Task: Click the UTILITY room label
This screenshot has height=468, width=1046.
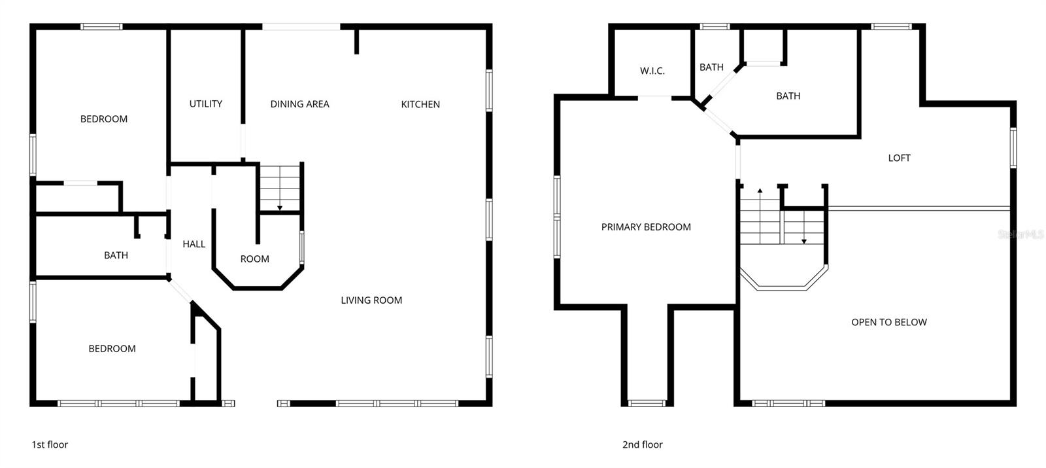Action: [205, 103]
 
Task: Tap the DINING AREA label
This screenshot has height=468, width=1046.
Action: [299, 103]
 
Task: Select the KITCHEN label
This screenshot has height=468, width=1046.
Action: [420, 104]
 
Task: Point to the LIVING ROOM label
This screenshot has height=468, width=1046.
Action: [371, 300]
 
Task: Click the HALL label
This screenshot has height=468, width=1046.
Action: [194, 243]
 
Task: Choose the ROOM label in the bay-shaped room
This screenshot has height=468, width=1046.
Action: [254, 259]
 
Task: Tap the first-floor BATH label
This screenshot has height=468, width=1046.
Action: [116, 255]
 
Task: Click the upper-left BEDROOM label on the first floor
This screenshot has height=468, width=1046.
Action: [103, 118]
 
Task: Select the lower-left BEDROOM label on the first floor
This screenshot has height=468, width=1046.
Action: [112, 348]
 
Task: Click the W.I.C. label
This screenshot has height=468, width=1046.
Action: [652, 71]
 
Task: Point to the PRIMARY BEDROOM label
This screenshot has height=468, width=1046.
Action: [646, 226]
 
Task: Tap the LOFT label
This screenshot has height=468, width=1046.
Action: [899, 157]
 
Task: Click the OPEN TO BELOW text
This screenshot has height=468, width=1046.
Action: [888, 321]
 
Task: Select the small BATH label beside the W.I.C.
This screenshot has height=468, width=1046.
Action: [711, 67]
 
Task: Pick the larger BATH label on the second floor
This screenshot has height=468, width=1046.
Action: [788, 96]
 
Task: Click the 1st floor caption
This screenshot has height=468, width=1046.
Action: [50, 444]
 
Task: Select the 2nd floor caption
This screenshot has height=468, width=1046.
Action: [642, 444]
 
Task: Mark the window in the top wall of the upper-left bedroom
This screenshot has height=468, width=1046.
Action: [101, 27]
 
